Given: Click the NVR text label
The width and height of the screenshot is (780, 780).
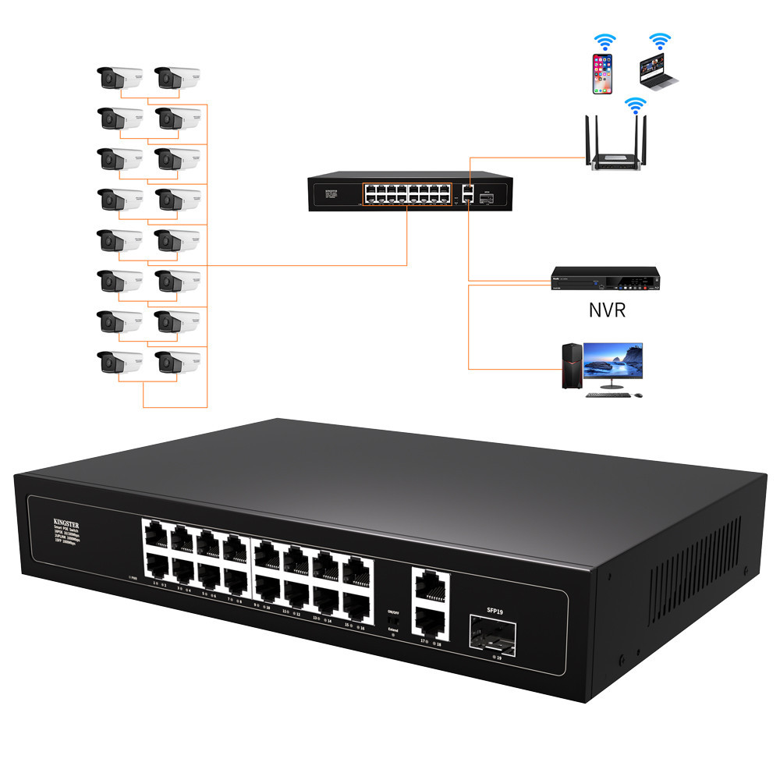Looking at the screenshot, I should tap(607, 311).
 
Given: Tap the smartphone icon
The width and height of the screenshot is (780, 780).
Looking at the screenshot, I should tap(601, 74).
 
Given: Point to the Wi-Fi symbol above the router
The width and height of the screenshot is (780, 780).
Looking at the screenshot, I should tap(636, 105).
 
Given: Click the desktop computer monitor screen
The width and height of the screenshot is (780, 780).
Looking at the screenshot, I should tap(615, 361).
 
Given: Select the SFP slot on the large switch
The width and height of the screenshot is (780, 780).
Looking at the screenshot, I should tap(491, 633).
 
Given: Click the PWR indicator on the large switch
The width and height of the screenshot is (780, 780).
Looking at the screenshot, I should tap(132, 578).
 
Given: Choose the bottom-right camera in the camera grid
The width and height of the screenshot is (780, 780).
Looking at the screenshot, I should tap(178, 362).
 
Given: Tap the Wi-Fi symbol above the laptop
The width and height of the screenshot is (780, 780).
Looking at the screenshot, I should tap(661, 41).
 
